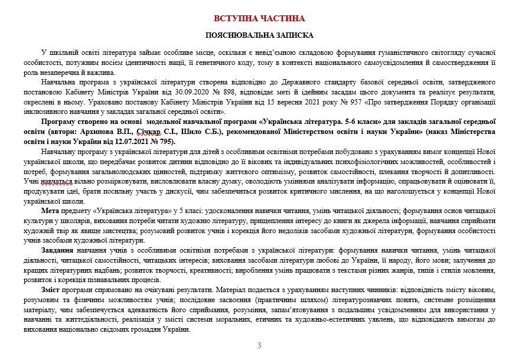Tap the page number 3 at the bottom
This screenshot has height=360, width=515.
(x=259, y=345)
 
